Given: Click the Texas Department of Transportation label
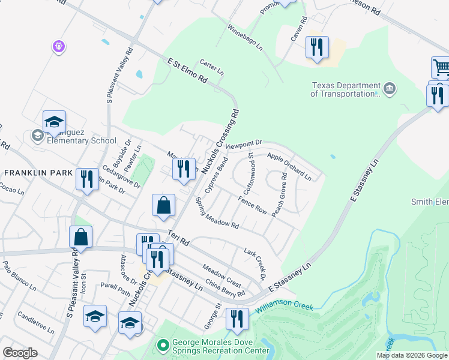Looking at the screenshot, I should tap(345, 89).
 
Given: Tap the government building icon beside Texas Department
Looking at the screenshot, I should tap(390, 89).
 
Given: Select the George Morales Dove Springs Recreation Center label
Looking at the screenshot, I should tap(221, 346).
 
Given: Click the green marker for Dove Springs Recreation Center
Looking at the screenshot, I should tap(161, 346).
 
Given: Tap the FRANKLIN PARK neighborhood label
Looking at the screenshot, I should tap(38, 173).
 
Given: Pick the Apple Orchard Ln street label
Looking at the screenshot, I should tap(289, 167).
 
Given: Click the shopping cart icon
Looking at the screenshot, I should tap(441, 67).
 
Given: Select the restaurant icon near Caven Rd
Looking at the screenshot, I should tap(316, 47).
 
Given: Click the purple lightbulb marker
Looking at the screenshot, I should tap(58, 46).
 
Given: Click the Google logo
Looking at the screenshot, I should tap(20, 353).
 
